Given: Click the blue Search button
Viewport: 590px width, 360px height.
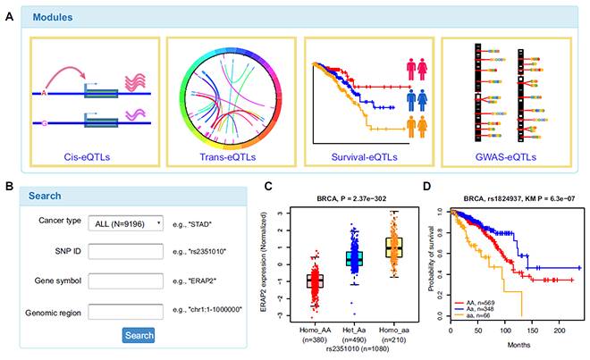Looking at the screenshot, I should click(x=139, y=335).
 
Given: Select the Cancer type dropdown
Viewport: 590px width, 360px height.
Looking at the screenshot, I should click(x=126, y=222).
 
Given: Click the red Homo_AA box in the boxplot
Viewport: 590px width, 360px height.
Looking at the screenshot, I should click(x=315, y=280).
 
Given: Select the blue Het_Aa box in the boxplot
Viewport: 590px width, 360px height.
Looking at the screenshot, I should click(x=355, y=258).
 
